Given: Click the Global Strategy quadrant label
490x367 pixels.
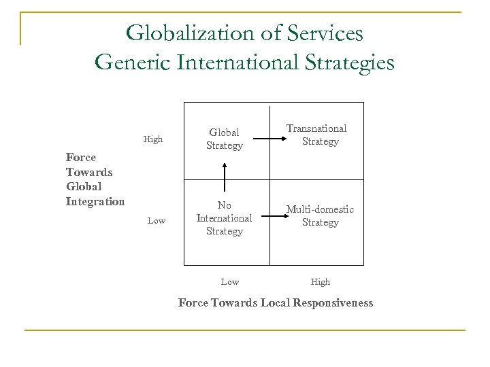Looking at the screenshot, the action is (x=225, y=139).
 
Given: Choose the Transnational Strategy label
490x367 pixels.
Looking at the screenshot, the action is (x=316, y=135).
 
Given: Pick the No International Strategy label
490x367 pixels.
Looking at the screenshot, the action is (x=225, y=217).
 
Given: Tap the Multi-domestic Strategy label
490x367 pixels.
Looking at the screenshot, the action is (x=320, y=216).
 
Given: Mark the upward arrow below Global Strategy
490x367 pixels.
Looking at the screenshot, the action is (x=225, y=177).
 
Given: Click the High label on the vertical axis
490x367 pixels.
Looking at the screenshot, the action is (x=153, y=139).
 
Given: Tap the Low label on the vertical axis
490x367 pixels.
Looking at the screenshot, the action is (x=157, y=220).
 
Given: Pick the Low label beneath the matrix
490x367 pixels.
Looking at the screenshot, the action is (x=229, y=281).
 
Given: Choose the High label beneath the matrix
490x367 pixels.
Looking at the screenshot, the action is (x=320, y=281).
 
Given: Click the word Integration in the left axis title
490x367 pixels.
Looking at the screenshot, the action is (x=95, y=201).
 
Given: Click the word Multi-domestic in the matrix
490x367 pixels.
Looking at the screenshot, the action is (x=320, y=210).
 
